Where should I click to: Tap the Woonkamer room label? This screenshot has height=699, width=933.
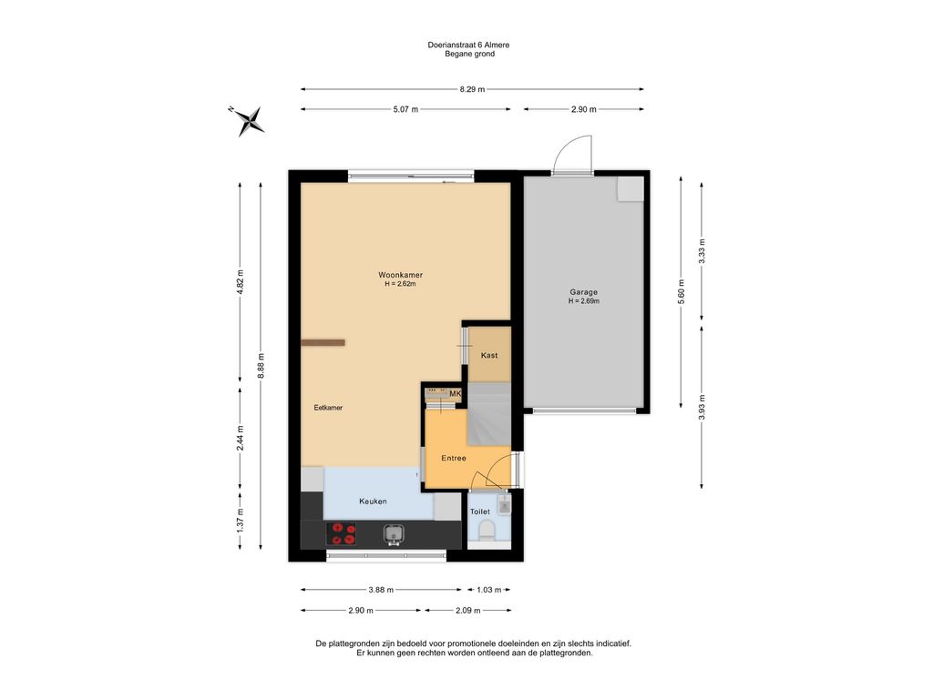(401, 275)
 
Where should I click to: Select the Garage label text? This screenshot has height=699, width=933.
(584, 292)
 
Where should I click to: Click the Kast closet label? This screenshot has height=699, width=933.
(489, 355)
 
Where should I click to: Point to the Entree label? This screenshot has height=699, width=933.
(454, 459)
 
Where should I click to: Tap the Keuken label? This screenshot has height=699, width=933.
(373, 501)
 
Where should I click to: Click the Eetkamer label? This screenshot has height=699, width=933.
(328, 408)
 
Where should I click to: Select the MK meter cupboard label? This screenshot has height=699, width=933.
(456, 393)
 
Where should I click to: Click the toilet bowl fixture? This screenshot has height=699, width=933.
(487, 531)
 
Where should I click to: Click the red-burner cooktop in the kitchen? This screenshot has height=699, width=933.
(342, 533)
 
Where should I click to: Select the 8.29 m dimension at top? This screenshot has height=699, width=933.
(472, 89)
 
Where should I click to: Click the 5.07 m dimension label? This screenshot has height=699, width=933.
(405, 109)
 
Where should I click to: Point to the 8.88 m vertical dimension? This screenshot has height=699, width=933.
(261, 366)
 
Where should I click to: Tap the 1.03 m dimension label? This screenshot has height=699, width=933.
(488, 590)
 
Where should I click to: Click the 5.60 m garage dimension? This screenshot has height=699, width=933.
(682, 292)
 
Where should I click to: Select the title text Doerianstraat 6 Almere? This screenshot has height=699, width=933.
(469, 45)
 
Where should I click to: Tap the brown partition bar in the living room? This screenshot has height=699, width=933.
(323, 342)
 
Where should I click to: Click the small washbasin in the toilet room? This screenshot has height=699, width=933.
(505, 504)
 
